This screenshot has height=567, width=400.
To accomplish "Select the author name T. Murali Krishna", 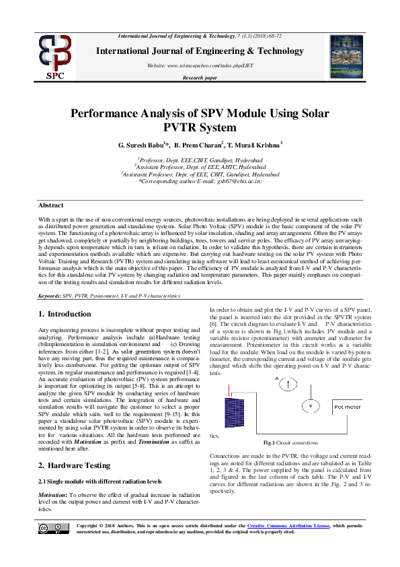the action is [254, 145].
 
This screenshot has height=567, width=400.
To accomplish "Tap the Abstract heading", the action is [51, 205].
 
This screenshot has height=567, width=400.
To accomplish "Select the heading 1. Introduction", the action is [65, 314].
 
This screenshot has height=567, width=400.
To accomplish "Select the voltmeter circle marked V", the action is [310, 407].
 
